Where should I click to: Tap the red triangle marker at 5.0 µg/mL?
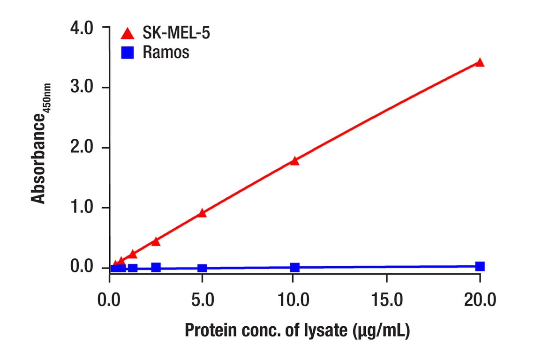coord(202,213)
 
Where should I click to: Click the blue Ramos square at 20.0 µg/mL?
coord(480,266)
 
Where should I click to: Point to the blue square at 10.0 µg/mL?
coord(294,268)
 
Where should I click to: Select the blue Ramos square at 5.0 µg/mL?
coord(202,268)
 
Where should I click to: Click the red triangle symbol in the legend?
coord(127,34)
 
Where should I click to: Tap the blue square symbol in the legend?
coord(127,52)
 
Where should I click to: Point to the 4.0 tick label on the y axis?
coord(83,28)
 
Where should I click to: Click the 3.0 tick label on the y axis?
coord(83,88)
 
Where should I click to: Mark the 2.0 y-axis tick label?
coord(83,148)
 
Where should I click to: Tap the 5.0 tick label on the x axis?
coord(202,299)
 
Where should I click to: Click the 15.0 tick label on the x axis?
coord(387,299)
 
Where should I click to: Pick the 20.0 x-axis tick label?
coord(480,299)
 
